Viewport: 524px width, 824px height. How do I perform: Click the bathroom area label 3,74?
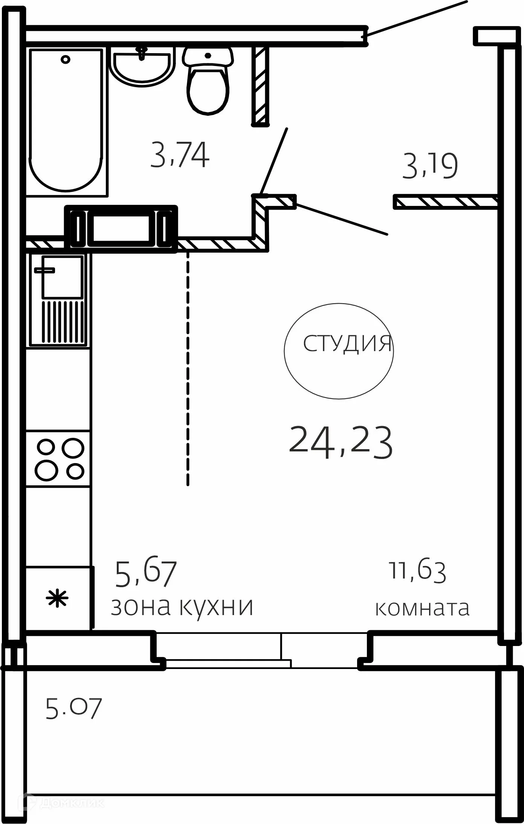(x=180, y=155)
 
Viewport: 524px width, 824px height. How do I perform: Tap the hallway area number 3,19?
(x=430, y=166)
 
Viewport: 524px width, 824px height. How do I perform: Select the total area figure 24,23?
(x=341, y=442)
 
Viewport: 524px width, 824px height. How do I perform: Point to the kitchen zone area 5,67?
(x=146, y=574)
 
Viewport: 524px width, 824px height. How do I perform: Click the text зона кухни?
(x=182, y=607)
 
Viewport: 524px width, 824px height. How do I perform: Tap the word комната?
(x=422, y=608)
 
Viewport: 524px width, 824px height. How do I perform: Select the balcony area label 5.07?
(x=73, y=709)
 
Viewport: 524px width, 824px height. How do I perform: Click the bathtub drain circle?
(x=66, y=59)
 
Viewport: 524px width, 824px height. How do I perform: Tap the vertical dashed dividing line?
(x=188, y=370)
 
